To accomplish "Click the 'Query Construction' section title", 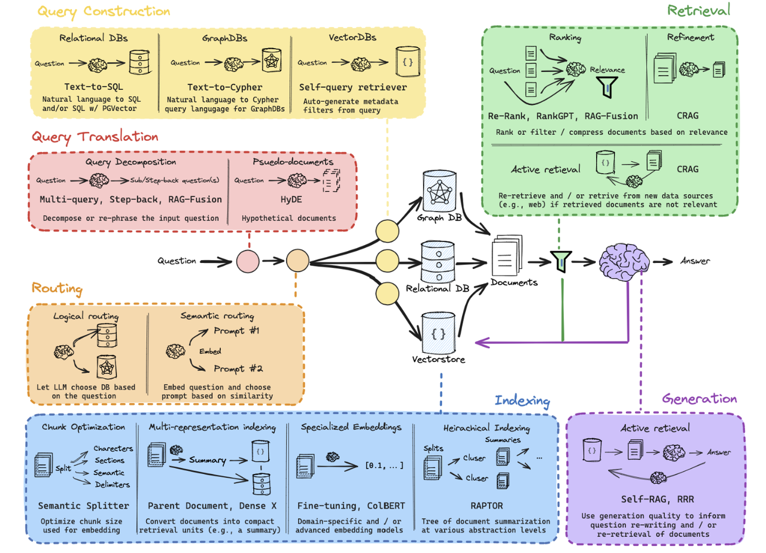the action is [x=104, y=11].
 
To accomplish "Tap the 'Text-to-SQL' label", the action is [x=94, y=87].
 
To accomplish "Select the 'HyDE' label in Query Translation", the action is [x=291, y=200].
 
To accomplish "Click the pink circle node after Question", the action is [x=248, y=261].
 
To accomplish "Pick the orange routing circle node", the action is [x=297, y=261].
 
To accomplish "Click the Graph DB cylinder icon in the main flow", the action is [x=439, y=191].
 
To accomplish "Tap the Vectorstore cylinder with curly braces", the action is [x=439, y=333].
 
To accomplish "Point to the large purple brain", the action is [x=624, y=262].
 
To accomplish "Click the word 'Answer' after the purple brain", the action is [x=695, y=261].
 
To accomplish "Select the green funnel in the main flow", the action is [x=561, y=261].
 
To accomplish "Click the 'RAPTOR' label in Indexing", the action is [x=487, y=506].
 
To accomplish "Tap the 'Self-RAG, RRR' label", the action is [x=657, y=499].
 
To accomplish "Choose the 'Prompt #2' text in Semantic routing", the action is [x=238, y=369].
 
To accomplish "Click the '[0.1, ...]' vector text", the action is [x=384, y=466].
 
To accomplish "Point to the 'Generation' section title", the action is [x=700, y=398].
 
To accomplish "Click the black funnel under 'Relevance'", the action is [x=607, y=87].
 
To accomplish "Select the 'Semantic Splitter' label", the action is [x=83, y=506].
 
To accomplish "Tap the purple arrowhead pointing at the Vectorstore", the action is [x=482, y=343].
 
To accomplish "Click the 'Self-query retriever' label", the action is [x=353, y=87].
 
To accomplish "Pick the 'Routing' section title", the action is [x=57, y=288].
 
